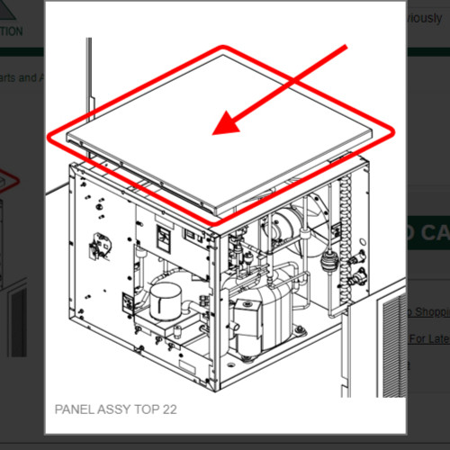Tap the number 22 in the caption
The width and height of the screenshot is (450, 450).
pos(169,409)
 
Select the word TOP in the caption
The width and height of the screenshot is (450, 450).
pos(144,409)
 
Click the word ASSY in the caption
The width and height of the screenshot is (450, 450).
pos(112,409)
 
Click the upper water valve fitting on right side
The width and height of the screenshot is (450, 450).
pos(358,256)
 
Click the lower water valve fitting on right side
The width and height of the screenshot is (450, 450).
pos(358,271)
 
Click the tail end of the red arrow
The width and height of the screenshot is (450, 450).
pos(345,47)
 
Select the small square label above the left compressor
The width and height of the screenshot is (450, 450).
pos(165,236)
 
